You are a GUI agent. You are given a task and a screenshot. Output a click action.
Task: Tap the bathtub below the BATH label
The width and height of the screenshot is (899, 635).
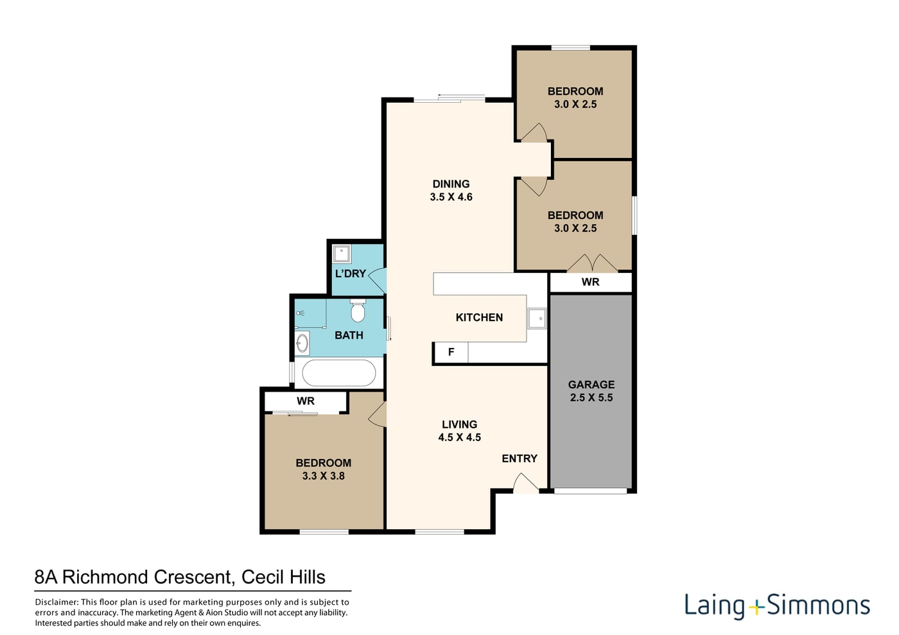tap(339, 373)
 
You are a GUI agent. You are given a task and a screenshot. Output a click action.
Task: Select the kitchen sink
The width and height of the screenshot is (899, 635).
tap(537, 318)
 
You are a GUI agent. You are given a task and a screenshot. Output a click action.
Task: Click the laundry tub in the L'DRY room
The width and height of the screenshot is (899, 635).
tap(342, 254)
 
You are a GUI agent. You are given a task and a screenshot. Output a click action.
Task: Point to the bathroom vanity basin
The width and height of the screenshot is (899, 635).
tap(302, 343)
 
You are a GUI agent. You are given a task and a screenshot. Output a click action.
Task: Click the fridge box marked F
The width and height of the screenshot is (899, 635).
tap(451, 352)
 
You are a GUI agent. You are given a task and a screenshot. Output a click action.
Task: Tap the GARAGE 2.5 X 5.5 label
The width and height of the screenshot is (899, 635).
tap(591, 391)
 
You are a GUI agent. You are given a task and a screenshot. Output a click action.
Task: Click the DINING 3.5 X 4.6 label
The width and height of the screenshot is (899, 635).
tap(451, 190)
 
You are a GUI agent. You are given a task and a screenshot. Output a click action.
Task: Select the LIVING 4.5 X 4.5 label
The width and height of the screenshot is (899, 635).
tap(460, 431)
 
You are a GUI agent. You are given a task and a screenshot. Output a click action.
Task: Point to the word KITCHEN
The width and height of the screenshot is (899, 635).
tap(479, 317)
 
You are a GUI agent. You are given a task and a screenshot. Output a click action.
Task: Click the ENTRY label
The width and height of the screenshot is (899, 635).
tap(519, 458)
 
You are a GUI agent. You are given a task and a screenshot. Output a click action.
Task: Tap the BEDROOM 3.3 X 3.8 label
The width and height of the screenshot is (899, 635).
tap(324, 469)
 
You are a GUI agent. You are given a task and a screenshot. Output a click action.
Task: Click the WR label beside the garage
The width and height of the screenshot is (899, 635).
tap(590, 282)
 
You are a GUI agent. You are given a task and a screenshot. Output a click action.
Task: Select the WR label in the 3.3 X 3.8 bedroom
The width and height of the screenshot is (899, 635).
tap(306, 401)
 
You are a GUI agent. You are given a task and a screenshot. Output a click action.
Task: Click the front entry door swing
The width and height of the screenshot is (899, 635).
tap(526, 483)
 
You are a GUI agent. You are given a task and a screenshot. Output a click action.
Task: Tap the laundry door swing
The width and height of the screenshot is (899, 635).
tap(378, 280)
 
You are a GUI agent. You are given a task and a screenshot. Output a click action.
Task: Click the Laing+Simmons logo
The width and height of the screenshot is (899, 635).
tap(777, 606)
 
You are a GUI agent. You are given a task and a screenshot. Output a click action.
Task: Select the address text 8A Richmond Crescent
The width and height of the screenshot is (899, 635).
tap(134, 577)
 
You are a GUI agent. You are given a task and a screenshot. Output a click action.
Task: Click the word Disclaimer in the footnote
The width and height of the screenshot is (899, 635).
tap(57, 602)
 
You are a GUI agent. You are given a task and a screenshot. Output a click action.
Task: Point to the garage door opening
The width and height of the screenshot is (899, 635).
tap(590, 491)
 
